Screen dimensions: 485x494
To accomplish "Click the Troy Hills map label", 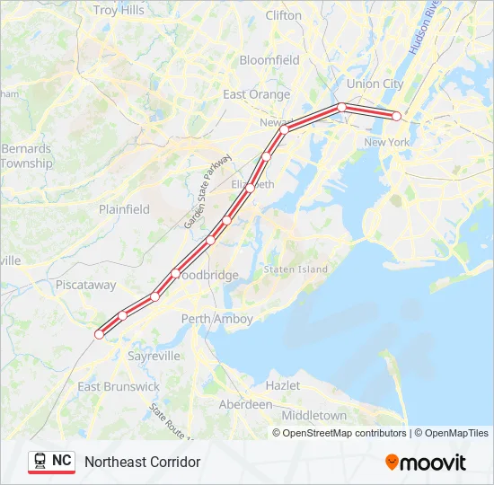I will pyautogui.click(x=119, y=11).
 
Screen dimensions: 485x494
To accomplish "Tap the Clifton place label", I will pyautogui.click(x=284, y=15).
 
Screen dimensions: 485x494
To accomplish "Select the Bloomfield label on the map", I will pyautogui.click(x=269, y=60).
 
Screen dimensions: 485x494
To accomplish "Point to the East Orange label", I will pyautogui.click(x=256, y=94).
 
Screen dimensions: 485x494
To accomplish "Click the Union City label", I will pyautogui.click(x=375, y=84).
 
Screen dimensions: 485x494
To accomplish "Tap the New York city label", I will pyautogui.click(x=386, y=142).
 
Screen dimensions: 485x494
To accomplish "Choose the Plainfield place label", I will pyautogui.click(x=124, y=209).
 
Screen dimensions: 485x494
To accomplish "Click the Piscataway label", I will pyautogui.click(x=85, y=285).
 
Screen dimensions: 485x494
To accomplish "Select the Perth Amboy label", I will pyautogui.click(x=216, y=319).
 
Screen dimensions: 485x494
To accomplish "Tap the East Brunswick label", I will pyautogui.click(x=119, y=386).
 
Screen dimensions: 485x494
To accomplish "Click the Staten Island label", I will pyautogui.click(x=296, y=269).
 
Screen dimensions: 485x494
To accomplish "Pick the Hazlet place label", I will pyautogui.click(x=282, y=384).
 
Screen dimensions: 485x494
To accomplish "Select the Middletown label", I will pyautogui.click(x=313, y=416).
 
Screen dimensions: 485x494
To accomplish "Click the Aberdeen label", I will pyautogui.click(x=246, y=404).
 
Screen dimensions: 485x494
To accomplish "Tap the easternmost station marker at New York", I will pyautogui.click(x=396, y=116).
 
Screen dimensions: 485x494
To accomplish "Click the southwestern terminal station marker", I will pyautogui.click(x=100, y=334).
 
